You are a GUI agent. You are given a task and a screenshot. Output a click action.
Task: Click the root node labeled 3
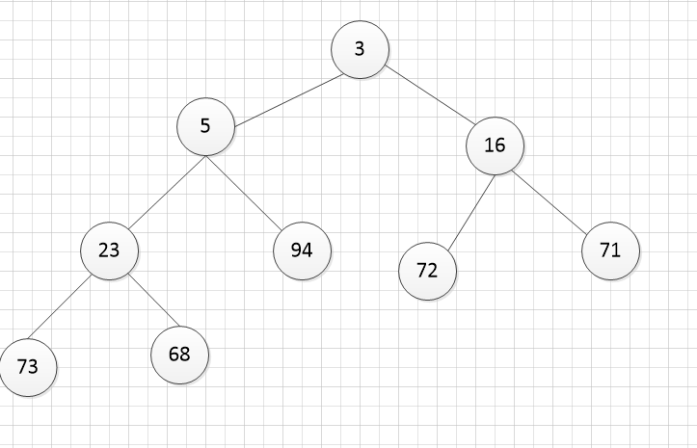(x=360, y=49)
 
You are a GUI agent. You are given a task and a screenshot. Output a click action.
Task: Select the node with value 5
(x=205, y=126)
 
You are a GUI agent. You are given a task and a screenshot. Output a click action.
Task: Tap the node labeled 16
(x=496, y=145)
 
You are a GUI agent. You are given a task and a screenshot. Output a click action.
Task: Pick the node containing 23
(x=109, y=251)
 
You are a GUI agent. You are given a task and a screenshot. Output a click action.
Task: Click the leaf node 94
(x=303, y=250)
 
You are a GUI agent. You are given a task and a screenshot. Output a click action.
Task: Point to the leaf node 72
(x=428, y=271)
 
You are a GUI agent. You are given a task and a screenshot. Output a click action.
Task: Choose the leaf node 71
(x=611, y=250)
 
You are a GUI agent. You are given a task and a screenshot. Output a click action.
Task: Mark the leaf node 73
(x=28, y=368)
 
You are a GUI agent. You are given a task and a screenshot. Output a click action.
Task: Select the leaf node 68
(x=180, y=356)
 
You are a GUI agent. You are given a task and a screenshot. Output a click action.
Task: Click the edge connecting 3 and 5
(x=289, y=101)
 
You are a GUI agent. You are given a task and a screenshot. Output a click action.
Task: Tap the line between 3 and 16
(x=430, y=94)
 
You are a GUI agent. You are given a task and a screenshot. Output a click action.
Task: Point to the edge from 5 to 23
(x=167, y=193)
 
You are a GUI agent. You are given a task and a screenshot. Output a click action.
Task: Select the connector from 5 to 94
(x=244, y=194)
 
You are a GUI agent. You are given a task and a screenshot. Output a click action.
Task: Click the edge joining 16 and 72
(x=471, y=213)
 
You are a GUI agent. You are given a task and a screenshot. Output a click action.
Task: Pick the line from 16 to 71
(x=549, y=201)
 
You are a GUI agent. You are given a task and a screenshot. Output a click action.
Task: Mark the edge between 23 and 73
(x=59, y=307)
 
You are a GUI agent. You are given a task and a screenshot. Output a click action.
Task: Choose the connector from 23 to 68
(x=154, y=301)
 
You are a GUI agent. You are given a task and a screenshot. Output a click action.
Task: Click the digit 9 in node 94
(x=297, y=250)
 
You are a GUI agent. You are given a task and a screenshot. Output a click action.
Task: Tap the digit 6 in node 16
(x=500, y=145)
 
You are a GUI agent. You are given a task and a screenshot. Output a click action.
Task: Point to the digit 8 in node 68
(x=185, y=355)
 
